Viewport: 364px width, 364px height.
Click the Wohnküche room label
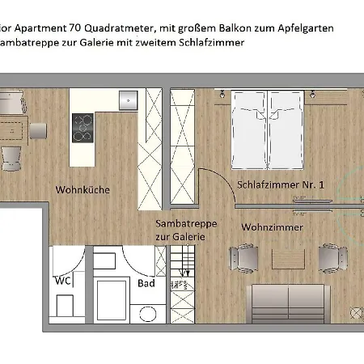(x=83, y=190)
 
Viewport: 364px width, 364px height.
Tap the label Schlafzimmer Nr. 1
(x=281, y=185)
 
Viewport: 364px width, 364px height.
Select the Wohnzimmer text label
(x=273, y=227)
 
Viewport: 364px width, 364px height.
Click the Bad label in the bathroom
(x=146, y=284)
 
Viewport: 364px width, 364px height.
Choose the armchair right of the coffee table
(x=330, y=258)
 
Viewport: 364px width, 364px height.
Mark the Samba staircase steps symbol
(x=182, y=276)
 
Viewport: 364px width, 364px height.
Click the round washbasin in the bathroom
(x=147, y=313)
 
